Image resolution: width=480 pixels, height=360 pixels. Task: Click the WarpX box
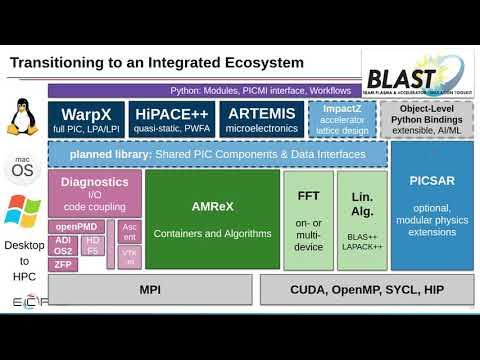pyautogui.click(x=85, y=119)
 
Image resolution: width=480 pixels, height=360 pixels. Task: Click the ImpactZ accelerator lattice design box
pyautogui.click(x=342, y=119)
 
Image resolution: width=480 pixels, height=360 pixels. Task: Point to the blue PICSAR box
pyautogui.click(x=431, y=205)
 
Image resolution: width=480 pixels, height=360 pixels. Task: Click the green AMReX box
pyautogui.click(x=211, y=219)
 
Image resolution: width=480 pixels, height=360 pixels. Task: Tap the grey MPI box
pyautogui.click(x=149, y=289)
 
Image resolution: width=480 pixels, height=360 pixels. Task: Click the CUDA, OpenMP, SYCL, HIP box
pyautogui.click(x=366, y=289)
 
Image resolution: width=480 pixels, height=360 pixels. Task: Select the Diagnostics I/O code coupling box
pyautogui.click(x=94, y=192)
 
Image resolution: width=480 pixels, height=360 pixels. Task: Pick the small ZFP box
pyautogui.click(x=63, y=264)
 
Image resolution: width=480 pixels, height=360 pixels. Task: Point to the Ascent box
pyautogui.click(x=130, y=231)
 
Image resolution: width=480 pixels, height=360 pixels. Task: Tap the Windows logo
pyautogui.click(x=22, y=210)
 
